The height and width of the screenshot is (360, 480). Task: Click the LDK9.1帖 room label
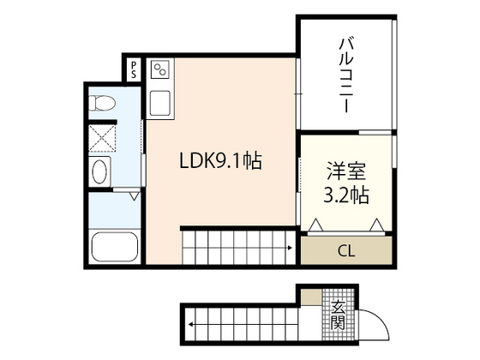[219, 159]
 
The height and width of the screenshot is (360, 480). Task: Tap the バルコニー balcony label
[346, 76]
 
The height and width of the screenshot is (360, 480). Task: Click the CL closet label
[346, 251]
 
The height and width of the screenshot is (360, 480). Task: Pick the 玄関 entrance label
[339, 314]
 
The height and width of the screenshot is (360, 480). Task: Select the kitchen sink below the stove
[160, 104]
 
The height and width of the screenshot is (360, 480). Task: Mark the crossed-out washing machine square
[105, 137]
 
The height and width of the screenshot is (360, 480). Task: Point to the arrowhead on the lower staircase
[189, 324]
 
